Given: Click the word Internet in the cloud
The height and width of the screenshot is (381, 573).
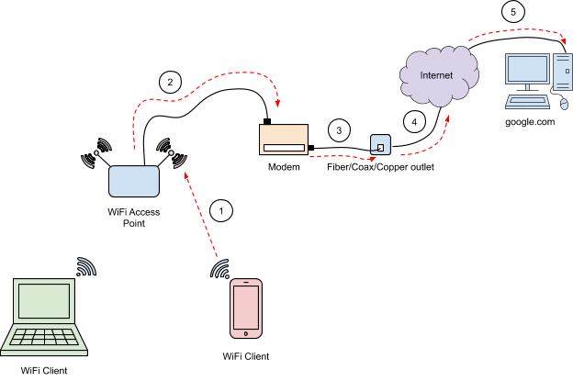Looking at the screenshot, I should [436, 75].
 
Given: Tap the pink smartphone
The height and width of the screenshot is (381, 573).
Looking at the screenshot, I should [245, 308].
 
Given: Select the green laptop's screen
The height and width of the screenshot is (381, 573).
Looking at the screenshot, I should [44, 300].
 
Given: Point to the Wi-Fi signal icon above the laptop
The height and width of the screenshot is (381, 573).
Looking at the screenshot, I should [85, 267].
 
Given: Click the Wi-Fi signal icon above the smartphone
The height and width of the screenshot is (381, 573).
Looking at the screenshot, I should [220, 269].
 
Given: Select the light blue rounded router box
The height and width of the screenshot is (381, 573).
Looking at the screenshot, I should [134, 181].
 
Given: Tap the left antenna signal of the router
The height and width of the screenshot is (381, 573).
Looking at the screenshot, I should [96, 153].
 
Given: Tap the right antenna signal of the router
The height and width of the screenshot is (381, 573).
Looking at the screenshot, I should [171, 152].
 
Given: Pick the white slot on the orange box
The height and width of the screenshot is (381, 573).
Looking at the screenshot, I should [283, 148].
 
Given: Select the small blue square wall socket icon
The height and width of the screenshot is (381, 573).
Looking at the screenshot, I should [380, 144].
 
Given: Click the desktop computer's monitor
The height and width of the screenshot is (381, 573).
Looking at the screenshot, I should [527, 70].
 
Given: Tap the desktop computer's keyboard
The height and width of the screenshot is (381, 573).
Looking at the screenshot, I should [527, 102].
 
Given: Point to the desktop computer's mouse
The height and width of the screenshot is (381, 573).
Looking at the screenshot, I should [564, 104].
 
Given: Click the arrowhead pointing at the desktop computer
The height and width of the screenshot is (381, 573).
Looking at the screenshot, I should [563, 39].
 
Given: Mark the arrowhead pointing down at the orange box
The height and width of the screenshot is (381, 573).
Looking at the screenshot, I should [277, 104].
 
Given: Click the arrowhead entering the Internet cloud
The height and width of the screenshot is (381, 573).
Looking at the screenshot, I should [448, 118].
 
